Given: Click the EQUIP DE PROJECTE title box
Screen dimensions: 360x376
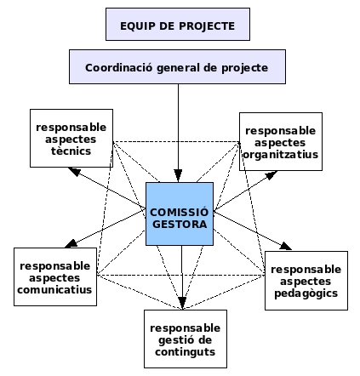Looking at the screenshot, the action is click(178, 25).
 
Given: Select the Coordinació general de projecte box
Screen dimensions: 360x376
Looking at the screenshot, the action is click(177, 67).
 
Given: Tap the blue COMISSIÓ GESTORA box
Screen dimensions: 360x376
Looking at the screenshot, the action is click(180, 214).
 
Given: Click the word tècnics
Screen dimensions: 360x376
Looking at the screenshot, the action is click(71, 151).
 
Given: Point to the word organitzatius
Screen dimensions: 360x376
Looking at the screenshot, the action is click(281, 155).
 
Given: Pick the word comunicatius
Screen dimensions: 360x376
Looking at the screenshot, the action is click(54, 290).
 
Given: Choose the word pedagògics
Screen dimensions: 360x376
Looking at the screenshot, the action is click(306, 293).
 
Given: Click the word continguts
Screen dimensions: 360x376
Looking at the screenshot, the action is click(186, 352).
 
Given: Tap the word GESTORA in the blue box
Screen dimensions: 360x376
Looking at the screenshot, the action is click(180, 225).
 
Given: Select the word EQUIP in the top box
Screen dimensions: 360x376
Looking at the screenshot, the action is click(137, 26).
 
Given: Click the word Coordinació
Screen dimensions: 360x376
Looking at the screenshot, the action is click(118, 68).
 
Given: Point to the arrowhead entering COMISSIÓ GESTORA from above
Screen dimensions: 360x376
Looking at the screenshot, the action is click(178, 176).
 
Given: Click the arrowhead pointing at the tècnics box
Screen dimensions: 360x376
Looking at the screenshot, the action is click(74, 171).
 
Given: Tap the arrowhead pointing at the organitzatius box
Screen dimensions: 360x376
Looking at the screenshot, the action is click(271, 175).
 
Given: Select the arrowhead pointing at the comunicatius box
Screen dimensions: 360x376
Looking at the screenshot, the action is click(71, 243).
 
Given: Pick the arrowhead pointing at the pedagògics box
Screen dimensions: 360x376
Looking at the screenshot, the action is click(285, 246).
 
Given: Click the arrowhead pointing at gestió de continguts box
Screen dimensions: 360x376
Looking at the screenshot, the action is click(182, 304).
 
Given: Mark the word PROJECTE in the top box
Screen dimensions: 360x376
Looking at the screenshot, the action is click(207, 26).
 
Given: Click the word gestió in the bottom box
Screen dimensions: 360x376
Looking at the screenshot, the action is click(174, 340).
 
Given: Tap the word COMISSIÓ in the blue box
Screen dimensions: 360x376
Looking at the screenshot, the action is click(180, 212).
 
